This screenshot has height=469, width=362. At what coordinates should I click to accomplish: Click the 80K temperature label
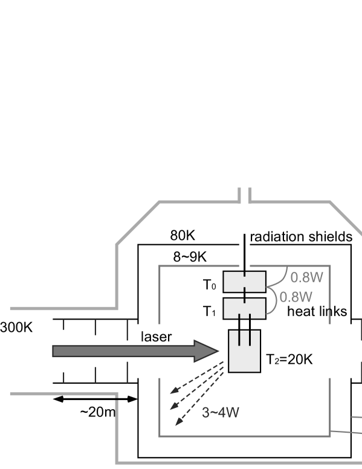tap(183, 235)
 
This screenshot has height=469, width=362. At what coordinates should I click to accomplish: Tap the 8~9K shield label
tap(190, 257)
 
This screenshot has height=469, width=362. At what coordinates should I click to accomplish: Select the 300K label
tap(16, 328)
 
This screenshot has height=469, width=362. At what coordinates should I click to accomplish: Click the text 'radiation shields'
tap(301, 236)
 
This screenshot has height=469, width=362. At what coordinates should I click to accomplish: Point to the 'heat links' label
tap(317, 311)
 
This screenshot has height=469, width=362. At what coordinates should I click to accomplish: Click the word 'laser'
tap(156, 337)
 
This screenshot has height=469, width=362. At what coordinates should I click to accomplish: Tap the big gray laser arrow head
tap(207, 351)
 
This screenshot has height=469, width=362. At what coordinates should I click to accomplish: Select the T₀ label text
tap(209, 285)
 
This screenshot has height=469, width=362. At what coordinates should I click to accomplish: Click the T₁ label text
tap(209, 311)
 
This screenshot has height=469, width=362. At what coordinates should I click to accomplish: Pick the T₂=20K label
tap(289, 359)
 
